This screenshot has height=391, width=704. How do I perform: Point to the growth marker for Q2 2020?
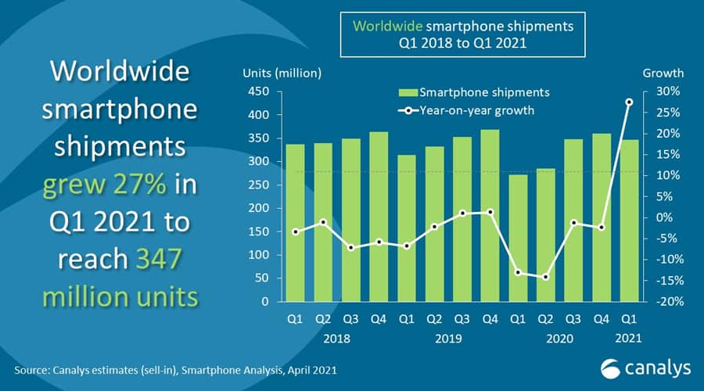[544, 277]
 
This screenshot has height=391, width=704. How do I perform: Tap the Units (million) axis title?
[282, 74]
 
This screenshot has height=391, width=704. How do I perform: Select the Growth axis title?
[663, 74]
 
